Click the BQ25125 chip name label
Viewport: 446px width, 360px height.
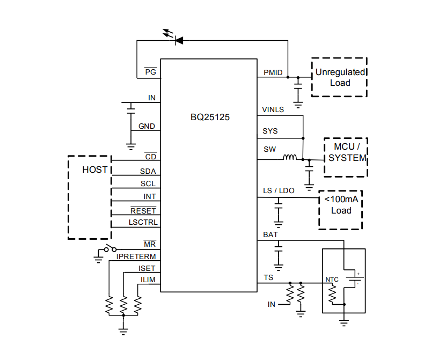(x=210, y=116)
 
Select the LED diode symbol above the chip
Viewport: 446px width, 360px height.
(x=178, y=40)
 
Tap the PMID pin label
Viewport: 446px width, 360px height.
(x=273, y=72)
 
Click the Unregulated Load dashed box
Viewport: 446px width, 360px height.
(x=339, y=77)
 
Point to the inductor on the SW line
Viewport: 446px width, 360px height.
(x=290, y=158)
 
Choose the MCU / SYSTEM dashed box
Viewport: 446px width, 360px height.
(x=346, y=157)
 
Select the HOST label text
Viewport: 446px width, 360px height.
(x=94, y=170)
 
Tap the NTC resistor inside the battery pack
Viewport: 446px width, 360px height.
(x=332, y=293)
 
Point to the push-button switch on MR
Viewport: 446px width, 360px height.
(x=111, y=249)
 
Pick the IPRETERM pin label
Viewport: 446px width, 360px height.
(x=136, y=257)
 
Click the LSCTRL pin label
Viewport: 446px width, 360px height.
(x=143, y=222)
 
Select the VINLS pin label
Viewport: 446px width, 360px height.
(x=273, y=109)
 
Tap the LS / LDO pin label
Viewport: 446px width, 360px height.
(x=279, y=191)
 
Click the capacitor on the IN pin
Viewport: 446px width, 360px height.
(x=130, y=109)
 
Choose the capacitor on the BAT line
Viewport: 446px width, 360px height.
(x=278, y=247)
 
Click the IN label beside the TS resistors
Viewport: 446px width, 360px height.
(x=272, y=304)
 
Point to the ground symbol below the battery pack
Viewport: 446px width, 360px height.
(x=344, y=322)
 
